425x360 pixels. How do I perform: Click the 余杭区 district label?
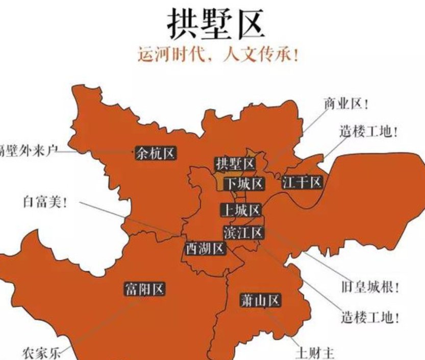155,153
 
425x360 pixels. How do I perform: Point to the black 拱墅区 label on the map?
235,164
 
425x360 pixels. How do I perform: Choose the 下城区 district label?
244,183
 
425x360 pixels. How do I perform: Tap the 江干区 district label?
302,182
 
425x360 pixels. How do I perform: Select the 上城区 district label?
241,210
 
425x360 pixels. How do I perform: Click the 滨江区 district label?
243,232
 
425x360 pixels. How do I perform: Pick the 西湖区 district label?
205,249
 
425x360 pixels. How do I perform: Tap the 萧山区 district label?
261,300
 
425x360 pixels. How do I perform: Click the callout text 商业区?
346,104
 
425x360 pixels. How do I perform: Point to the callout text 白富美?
45,202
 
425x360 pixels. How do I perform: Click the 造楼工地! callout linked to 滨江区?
370,317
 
